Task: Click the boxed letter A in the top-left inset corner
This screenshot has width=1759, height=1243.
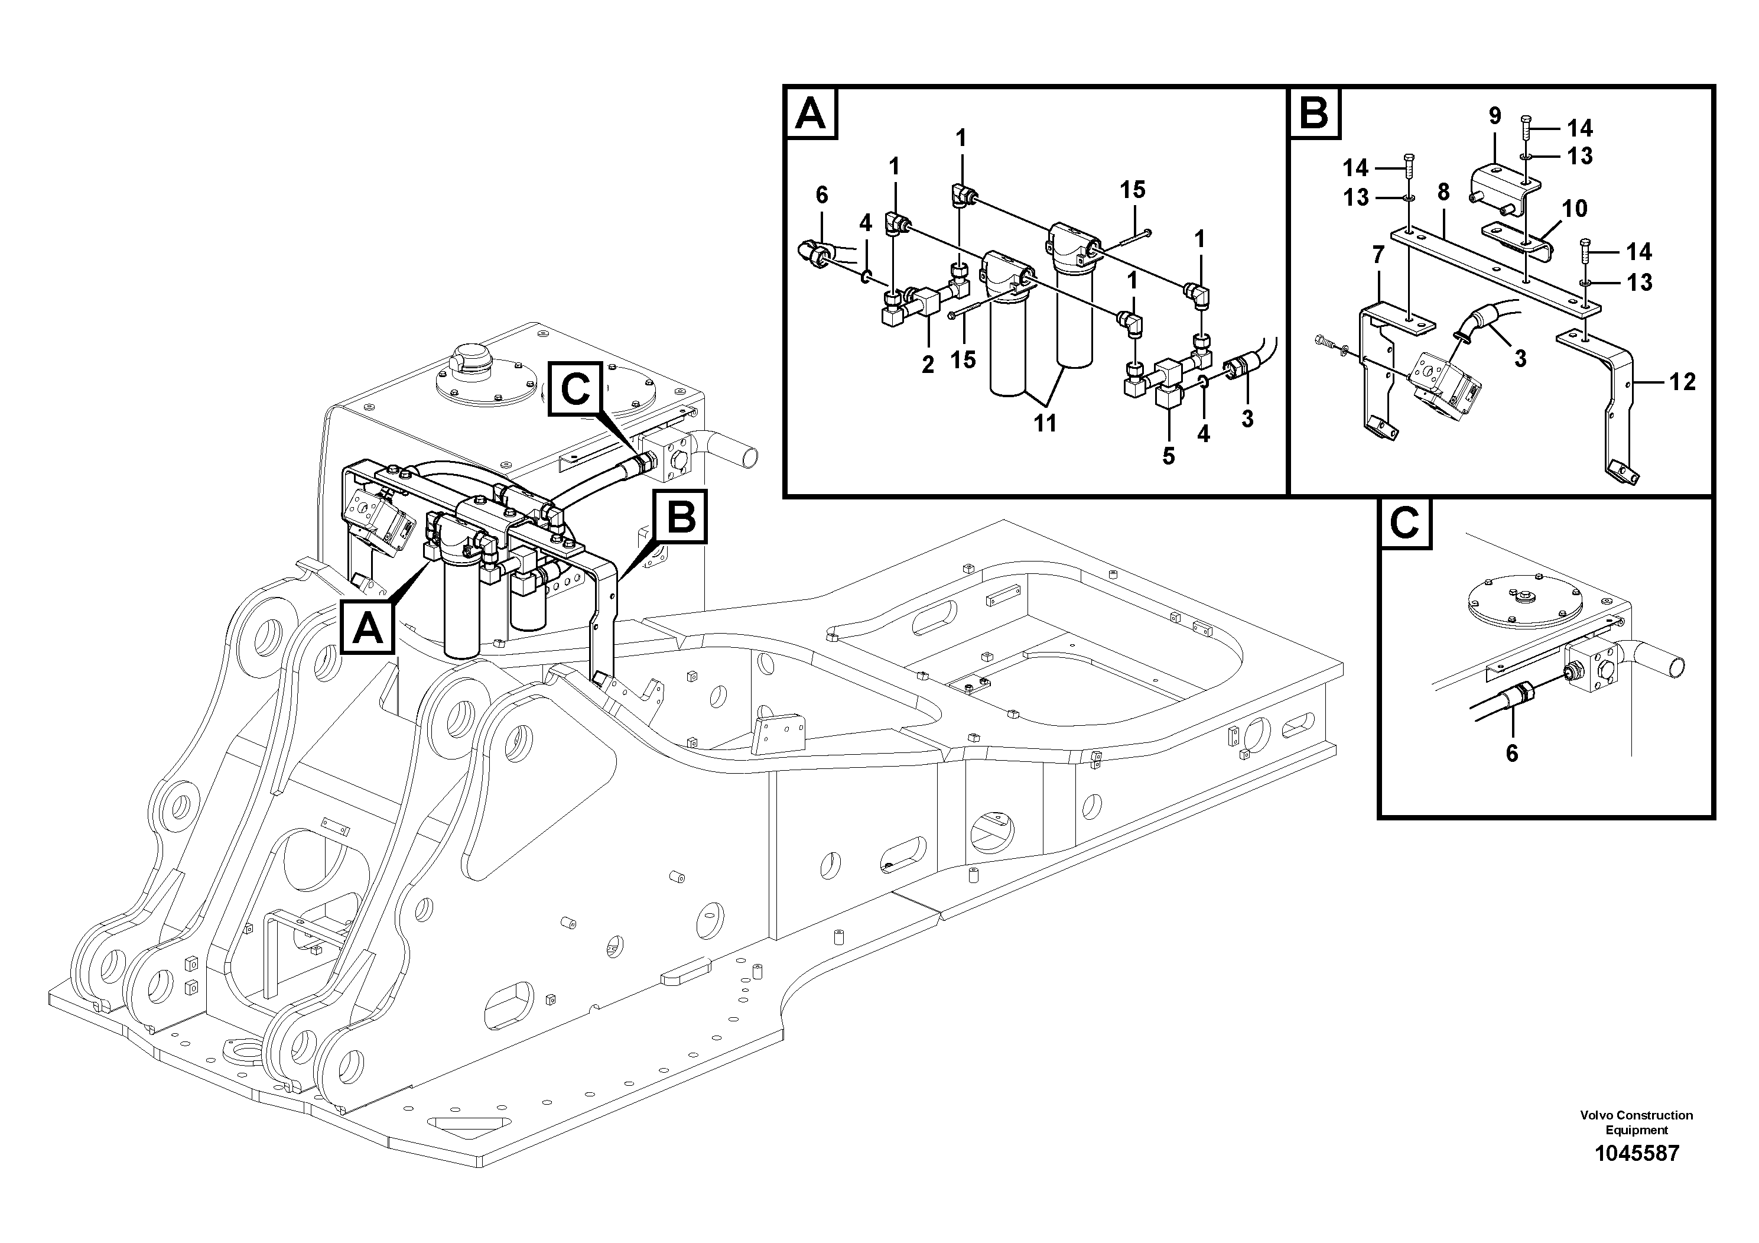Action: click(811, 113)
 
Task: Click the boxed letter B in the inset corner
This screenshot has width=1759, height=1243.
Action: click(1314, 113)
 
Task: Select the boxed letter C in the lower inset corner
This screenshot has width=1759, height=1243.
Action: click(1404, 524)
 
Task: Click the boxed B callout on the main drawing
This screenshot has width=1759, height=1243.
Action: click(680, 517)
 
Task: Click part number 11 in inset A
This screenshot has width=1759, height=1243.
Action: click(1045, 422)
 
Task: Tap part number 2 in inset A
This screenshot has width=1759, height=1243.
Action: click(928, 365)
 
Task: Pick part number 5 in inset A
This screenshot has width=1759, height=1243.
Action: click(1168, 455)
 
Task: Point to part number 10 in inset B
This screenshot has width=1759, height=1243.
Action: click(1575, 209)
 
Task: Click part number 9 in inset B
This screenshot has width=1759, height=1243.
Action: click(1495, 116)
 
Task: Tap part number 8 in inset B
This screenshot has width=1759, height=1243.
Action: click(1443, 192)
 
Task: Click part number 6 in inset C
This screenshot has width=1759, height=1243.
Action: click(1511, 754)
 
